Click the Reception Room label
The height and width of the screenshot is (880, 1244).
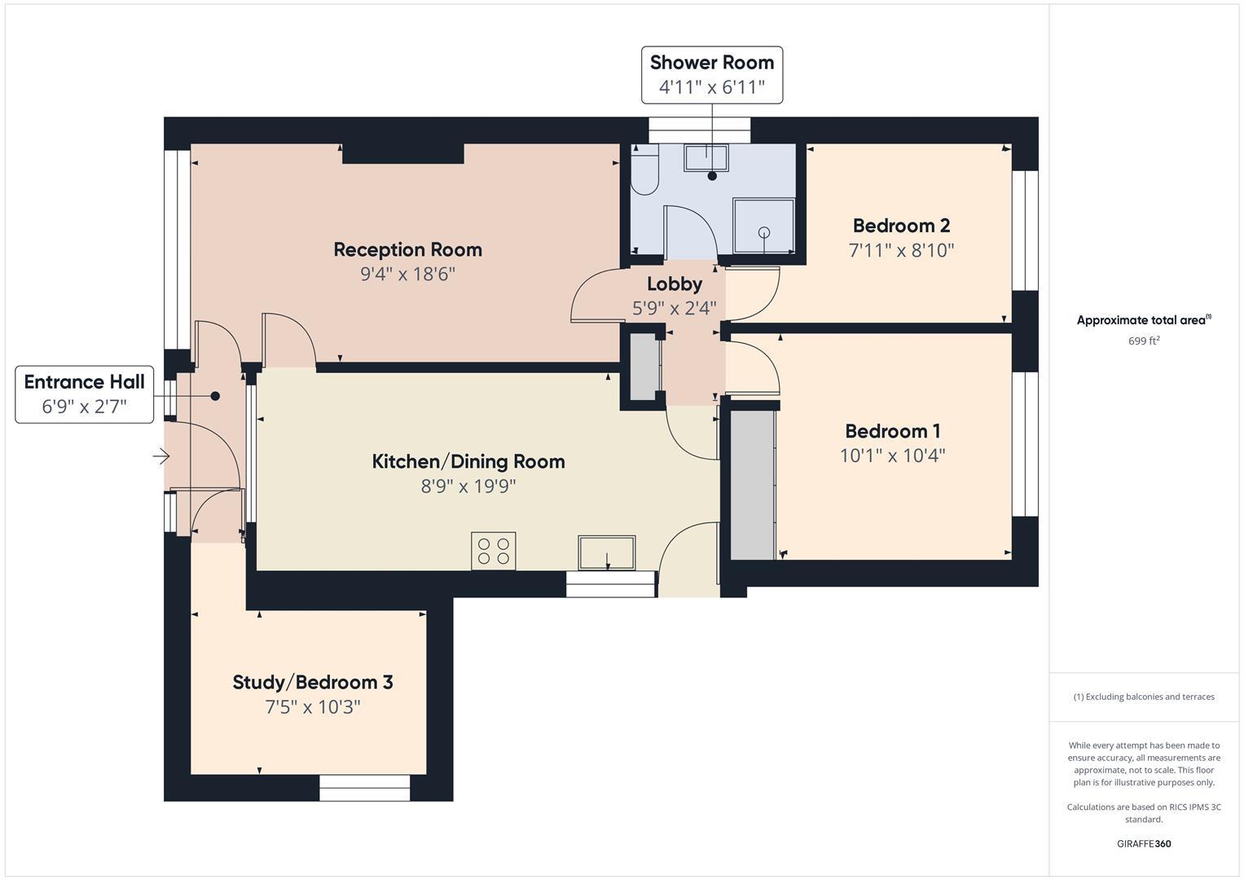pyautogui.click(x=407, y=249)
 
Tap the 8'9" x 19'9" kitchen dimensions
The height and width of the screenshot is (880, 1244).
pyautogui.click(x=468, y=486)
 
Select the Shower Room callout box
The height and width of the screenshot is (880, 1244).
pyautogui.click(x=711, y=75)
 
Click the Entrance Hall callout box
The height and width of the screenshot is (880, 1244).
pyautogui.click(x=84, y=394)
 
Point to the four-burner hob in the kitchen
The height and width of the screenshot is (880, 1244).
pyautogui.click(x=493, y=551)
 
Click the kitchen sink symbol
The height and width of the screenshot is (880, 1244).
pyautogui.click(x=606, y=552)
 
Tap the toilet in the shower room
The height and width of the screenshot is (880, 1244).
pyautogui.click(x=644, y=173)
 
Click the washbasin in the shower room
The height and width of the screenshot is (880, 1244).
pyautogui.click(x=706, y=157)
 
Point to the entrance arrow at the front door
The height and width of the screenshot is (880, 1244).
pyautogui.click(x=160, y=456)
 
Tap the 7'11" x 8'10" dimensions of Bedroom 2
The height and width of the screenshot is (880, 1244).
pyautogui.click(x=901, y=250)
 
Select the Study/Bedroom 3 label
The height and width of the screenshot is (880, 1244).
pyautogui.click(x=313, y=682)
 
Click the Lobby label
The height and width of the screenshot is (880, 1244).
pyautogui.click(x=674, y=284)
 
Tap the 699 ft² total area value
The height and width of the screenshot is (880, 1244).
pyautogui.click(x=1143, y=341)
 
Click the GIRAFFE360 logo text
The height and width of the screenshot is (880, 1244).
pyautogui.click(x=1143, y=843)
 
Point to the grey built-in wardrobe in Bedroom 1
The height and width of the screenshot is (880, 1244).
pyautogui.click(x=752, y=485)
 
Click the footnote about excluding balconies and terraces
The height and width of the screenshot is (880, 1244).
pyautogui.click(x=1143, y=697)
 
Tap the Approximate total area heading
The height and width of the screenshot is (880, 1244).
pyautogui.click(x=1143, y=320)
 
